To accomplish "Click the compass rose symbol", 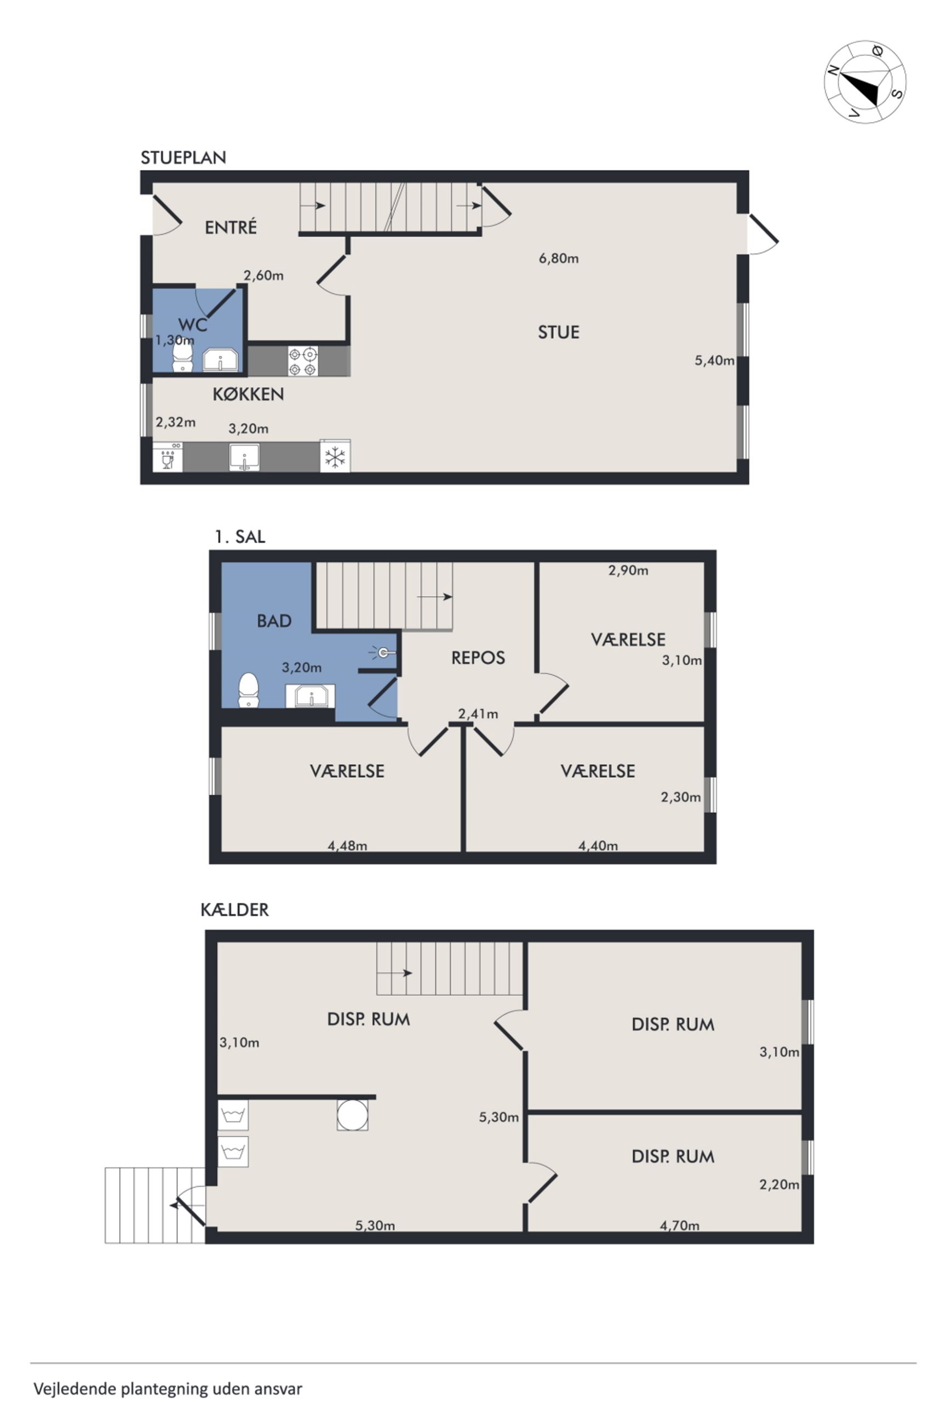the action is click(x=864, y=82).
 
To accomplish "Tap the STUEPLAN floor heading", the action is click(x=184, y=157).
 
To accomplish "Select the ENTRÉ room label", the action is click(x=231, y=227).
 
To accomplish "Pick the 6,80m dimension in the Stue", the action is click(x=559, y=259).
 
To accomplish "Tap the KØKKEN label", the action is click(x=248, y=394).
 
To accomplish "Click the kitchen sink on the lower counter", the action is click(x=244, y=457).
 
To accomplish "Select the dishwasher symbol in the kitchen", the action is click(x=168, y=457).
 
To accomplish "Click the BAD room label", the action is click(x=274, y=620).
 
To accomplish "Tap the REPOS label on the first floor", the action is click(x=478, y=657).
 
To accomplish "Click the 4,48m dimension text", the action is click(x=347, y=846).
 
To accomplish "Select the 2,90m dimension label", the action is click(x=628, y=571).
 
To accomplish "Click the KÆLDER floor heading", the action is click(x=234, y=910).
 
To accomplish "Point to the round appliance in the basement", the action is click(x=352, y=1114).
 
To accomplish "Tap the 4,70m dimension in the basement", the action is click(x=679, y=1225).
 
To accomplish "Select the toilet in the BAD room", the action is click(x=249, y=689).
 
